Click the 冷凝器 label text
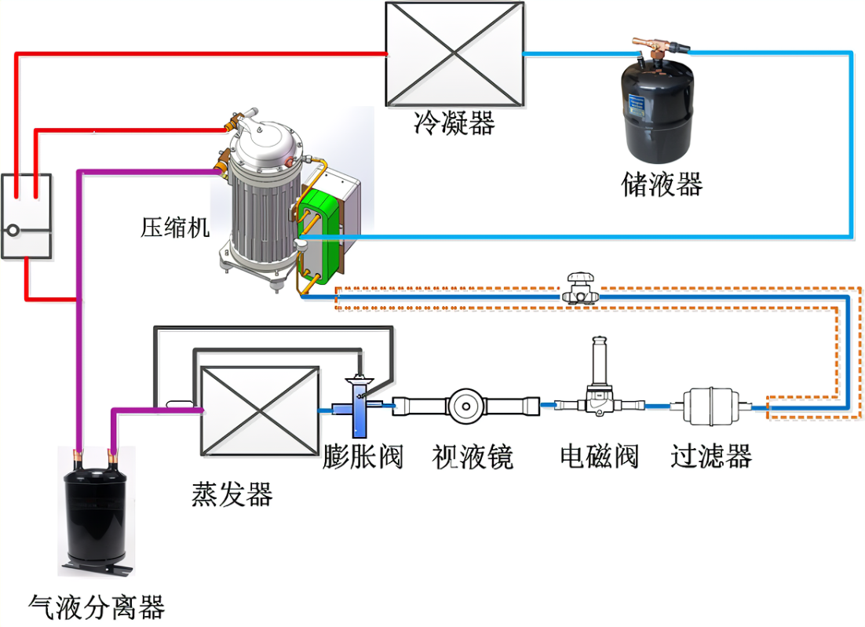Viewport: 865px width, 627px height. (454, 123)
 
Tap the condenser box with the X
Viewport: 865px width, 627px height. (454, 53)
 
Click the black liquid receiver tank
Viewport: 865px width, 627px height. (660, 110)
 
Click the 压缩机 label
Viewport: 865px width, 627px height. (175, 228)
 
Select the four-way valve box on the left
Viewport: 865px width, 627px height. (26, 215)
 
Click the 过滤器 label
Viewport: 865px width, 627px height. (711, 455)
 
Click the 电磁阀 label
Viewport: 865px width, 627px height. (599, 455)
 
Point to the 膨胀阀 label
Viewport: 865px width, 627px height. (363, 455)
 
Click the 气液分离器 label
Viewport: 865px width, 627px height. (97, 607)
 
